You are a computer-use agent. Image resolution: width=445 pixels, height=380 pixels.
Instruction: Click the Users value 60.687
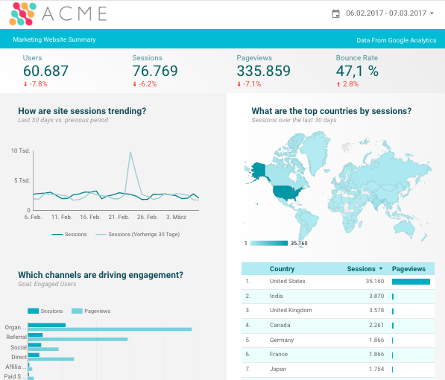[45, 72]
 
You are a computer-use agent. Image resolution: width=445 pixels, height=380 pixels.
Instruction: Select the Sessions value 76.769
[155, 72]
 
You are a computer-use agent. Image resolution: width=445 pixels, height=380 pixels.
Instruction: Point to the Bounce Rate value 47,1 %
[357, 72]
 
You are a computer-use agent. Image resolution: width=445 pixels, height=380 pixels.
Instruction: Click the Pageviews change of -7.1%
[251, 84]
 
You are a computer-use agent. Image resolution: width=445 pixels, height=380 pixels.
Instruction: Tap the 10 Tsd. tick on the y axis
[20, 151]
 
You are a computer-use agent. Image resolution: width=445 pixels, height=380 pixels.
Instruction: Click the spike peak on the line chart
[131, 153]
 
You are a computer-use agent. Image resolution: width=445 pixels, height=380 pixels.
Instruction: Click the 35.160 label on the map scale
[299, 244]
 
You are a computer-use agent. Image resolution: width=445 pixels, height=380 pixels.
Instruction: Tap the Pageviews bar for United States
[411, 282]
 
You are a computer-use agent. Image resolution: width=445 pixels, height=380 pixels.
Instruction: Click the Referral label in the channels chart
[16, 337]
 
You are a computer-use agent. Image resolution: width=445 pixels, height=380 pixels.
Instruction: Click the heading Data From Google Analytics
[397, 40]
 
